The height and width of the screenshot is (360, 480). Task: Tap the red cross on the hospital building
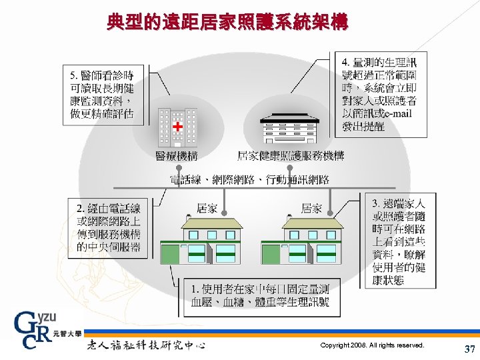click(x=177, y=126)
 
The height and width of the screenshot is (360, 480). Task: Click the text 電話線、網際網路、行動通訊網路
click(x=249, y=179)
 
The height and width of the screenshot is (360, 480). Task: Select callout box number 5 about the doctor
click(x=107, y=95)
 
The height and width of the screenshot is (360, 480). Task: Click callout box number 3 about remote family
click(x=399, y=241)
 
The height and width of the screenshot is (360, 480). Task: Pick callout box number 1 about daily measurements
click(x=260, y=296)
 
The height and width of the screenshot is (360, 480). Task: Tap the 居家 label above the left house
click(x=207, y=209)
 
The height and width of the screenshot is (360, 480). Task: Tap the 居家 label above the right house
click(x=312, y=209)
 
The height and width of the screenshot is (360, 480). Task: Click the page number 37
click(x=469, y=349)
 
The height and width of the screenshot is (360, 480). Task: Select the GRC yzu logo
click(x=39, y=331)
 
